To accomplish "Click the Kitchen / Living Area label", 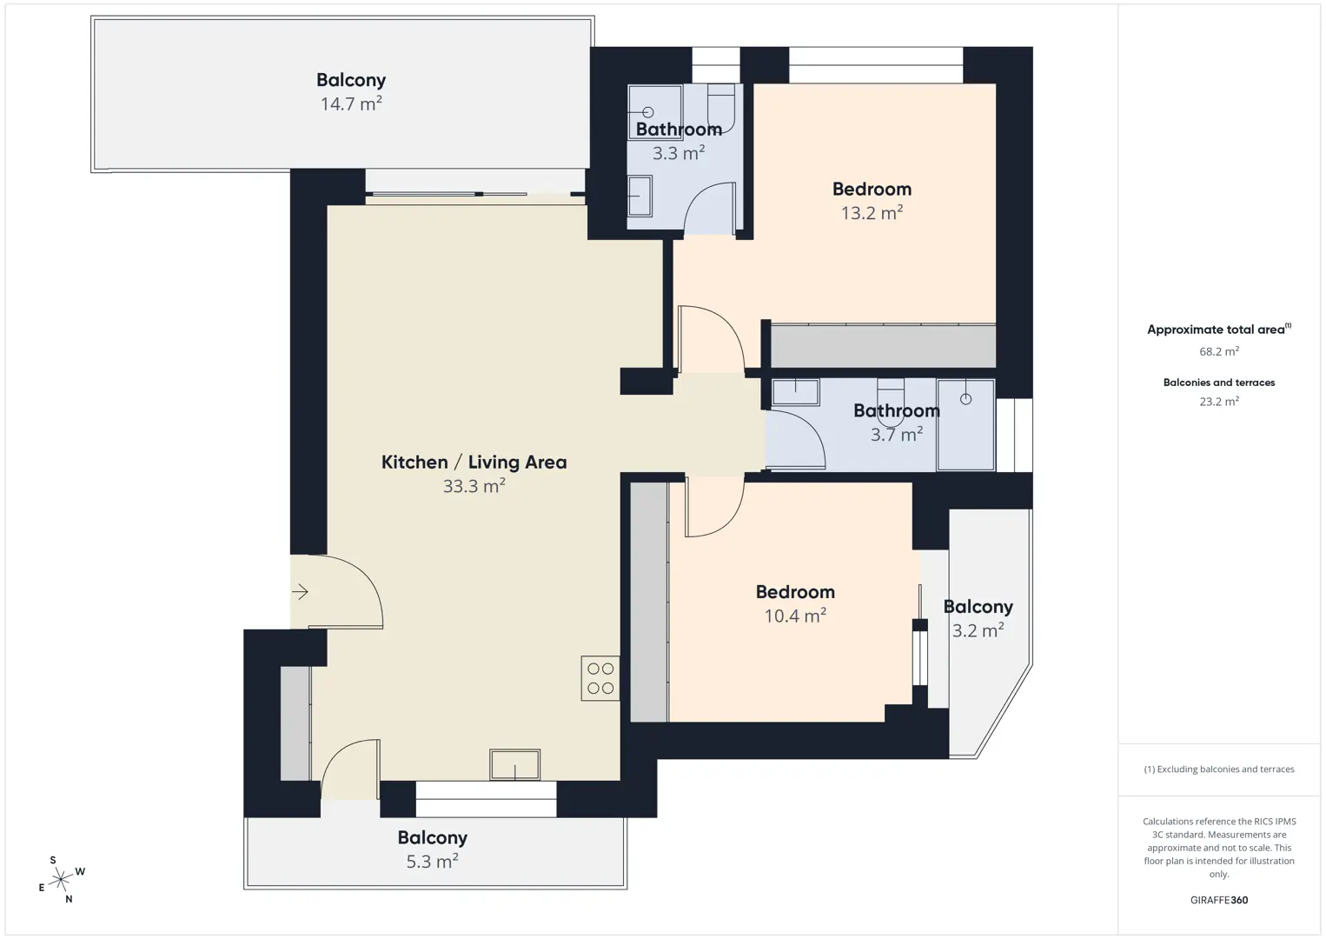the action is click(474, 462).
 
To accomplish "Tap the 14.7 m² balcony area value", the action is click(351, 103).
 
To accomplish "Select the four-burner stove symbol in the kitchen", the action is click(600, 678).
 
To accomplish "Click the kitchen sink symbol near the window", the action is click(514, 765).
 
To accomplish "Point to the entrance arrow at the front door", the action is click(300, 591).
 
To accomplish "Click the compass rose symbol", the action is click(61, 879).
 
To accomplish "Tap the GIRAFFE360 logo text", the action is click(1219, 900).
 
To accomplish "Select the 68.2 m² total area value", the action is click(1219, 351).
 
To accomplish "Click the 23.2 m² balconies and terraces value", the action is click(1219, 401).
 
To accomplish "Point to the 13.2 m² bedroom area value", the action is click(872, 213).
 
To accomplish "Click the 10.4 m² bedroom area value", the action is click(795, 616).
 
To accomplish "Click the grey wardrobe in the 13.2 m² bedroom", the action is click(883, 346).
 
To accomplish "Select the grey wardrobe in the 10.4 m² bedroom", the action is click(649, 602).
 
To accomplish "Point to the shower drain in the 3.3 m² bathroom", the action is click(648, 112).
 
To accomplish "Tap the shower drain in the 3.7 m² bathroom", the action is click(965, 399).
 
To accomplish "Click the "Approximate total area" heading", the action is click(1219, 330).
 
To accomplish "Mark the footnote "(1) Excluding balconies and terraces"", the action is click(1219, 769).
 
